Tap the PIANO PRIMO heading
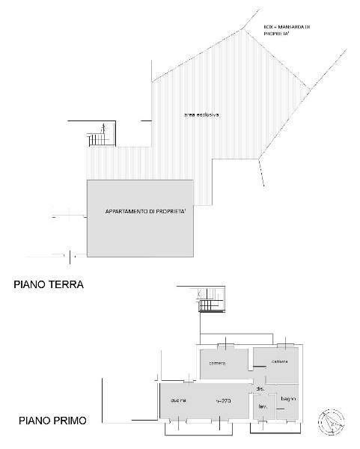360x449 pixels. [x=52, y=421]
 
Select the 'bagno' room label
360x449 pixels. [x=287, y=400]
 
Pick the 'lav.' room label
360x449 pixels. [x=263, y=407]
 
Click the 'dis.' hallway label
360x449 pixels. [x=260, y=390]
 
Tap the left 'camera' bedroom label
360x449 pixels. [x=218, y=363]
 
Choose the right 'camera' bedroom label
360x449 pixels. [x=279, y=361]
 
